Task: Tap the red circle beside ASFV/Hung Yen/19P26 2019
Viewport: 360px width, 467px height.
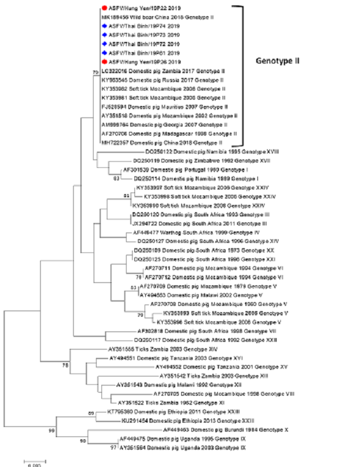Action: pyautogui.click(x=105, y=62)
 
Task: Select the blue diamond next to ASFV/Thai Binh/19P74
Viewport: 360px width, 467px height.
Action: pyautogui.click(x=105, y=26)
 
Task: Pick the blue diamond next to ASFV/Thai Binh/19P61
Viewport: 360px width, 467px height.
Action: pyautogui.click(x=105, y=53)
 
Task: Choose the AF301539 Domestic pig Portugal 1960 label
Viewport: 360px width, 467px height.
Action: pyautogui.click(x=175, y=170)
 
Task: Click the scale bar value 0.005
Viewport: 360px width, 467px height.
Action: pyautogui.click(x=33, y=463)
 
